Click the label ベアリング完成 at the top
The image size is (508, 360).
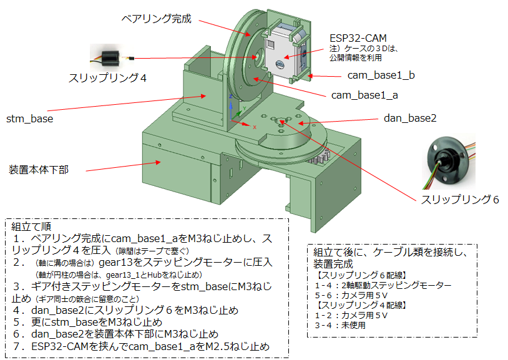[157, 19]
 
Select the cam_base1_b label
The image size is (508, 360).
[381, 75]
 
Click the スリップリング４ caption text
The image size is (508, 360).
[107, 78]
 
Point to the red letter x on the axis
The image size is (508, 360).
[254, 127]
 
